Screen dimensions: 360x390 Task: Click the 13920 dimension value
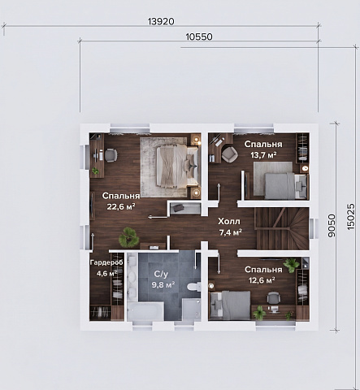[161, 21]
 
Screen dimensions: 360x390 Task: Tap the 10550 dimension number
[199, 37]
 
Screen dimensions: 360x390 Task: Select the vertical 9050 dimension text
[332, 226]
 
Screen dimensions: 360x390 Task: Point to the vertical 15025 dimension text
[350, 217]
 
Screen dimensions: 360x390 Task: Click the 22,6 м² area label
[121, 207]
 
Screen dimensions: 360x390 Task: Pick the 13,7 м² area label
[263, 155]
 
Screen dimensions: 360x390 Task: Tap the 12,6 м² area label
[262, 280]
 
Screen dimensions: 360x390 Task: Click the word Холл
[229, 222]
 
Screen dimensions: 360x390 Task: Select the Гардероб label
[106, 262]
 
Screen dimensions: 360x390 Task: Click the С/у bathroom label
[161, 274]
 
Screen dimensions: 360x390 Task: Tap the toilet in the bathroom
[193, 287]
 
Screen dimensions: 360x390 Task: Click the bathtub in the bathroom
[145, 311]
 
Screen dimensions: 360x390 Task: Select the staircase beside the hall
[282, 228]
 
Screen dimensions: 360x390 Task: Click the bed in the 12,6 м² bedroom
[230, 305]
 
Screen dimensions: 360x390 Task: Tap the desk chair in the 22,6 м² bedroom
[111, 155]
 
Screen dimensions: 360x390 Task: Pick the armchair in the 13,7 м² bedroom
[230, 154]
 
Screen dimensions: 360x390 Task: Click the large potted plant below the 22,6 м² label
[129, 237]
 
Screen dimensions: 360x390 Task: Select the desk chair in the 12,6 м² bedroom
[273, 298]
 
